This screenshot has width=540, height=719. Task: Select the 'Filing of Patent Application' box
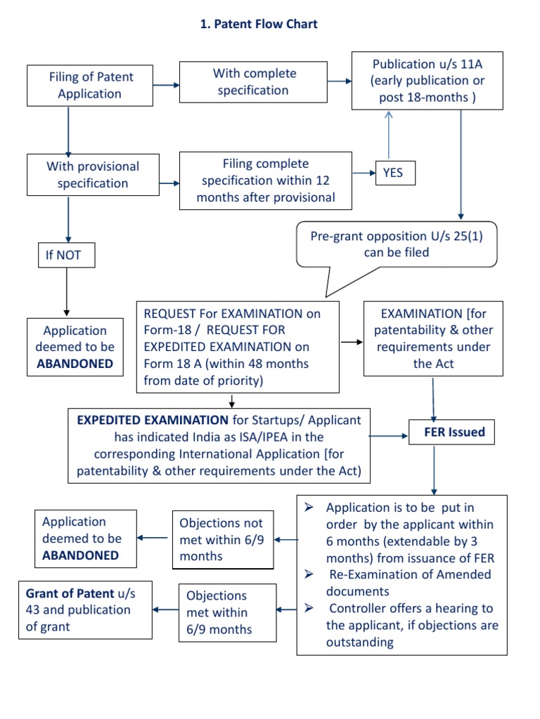tap(90, 86)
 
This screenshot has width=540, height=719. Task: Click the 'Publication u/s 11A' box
tap(427, 81)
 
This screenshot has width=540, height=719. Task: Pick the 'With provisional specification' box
tap(93, 175)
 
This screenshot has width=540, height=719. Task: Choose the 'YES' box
tap(394, 172)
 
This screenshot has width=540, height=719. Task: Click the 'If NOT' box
tap(66, 256)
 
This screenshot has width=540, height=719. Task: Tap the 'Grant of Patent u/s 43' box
tap(85, 610)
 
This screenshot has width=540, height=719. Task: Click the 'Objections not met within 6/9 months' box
tap(223, 539)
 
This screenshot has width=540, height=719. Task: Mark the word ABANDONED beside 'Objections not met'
tap(80, 555)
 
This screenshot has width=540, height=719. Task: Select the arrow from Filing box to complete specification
tap(166, 86)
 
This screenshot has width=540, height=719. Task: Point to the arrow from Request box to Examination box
tap(352, 343)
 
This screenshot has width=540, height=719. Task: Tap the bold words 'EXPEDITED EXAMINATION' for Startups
tap(153, 420)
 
